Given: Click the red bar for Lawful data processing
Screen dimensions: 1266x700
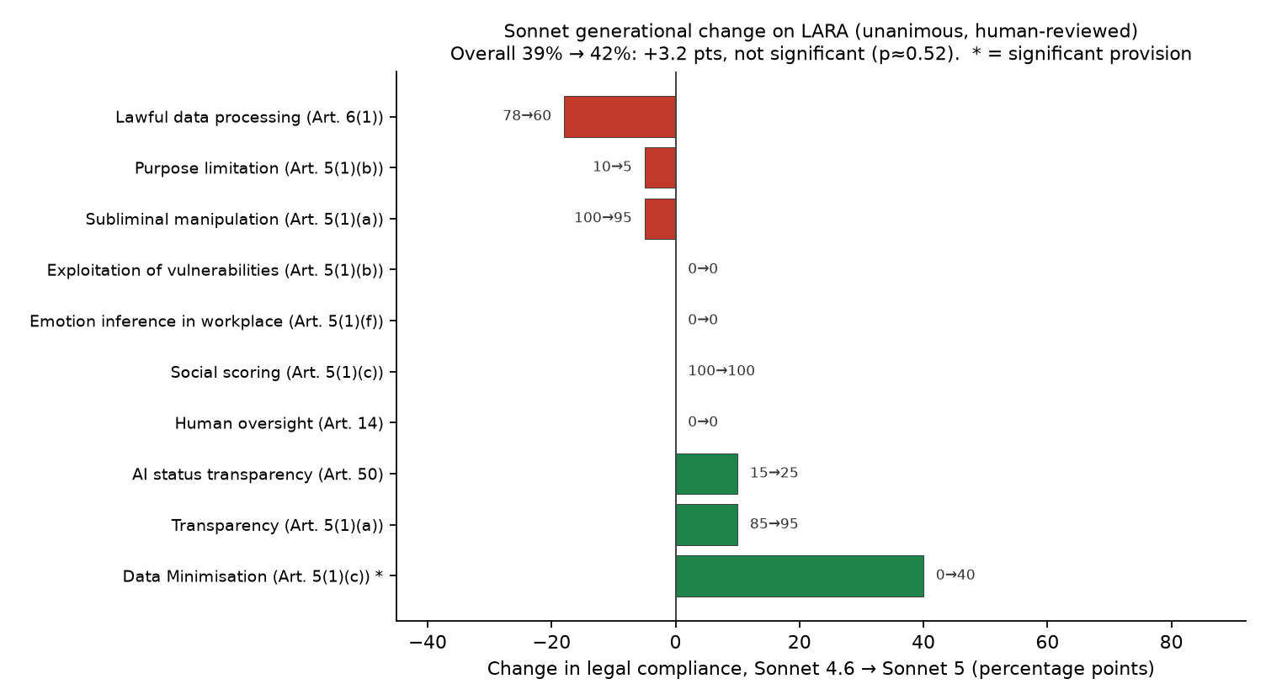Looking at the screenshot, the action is click(620, 117).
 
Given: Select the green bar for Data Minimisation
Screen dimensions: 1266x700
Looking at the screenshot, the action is click(800, 576).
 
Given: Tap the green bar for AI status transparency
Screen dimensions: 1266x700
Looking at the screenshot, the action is click(706, 474).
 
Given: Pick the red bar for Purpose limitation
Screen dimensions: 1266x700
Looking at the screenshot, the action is click(660, 167).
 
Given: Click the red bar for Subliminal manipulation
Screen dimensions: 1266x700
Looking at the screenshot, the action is click(660, 220).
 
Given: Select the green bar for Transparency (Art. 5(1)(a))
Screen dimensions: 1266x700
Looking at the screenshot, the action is click(706, 525).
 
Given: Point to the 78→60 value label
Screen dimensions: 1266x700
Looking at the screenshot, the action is click(527, 116).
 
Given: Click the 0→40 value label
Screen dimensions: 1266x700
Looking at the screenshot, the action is click(955, 575).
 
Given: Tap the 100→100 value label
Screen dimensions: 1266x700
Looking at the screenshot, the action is click(721, 371).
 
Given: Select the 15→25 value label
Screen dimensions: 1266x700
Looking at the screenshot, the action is click(774, 473).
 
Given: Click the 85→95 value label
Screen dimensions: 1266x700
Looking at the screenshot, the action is click(774, 523).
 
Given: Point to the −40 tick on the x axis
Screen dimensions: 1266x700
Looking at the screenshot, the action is click(428, 643).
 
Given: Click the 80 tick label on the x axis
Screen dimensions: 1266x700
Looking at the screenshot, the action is click(1171, 643).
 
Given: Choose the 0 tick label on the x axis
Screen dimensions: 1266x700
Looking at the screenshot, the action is click(675, 643).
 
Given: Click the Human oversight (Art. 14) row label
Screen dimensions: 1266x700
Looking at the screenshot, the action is click(279, 423).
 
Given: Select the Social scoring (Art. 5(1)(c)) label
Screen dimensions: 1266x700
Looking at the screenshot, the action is click(277, 373).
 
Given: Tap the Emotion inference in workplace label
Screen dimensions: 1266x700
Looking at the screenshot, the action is click(206, 321).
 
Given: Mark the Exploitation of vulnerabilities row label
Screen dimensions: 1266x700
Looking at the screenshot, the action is click(215, 271).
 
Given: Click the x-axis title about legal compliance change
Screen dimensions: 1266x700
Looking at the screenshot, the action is click(821, 669).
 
